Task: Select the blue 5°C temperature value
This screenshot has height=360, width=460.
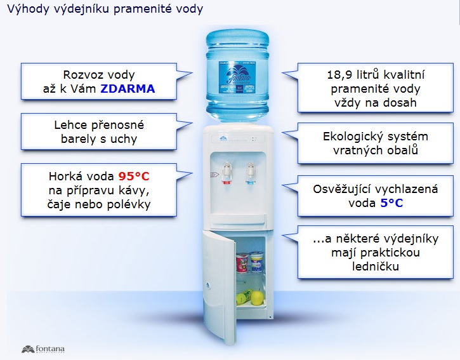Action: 391,203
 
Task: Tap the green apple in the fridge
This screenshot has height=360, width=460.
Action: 256,297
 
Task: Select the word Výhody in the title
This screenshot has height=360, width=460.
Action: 25,10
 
